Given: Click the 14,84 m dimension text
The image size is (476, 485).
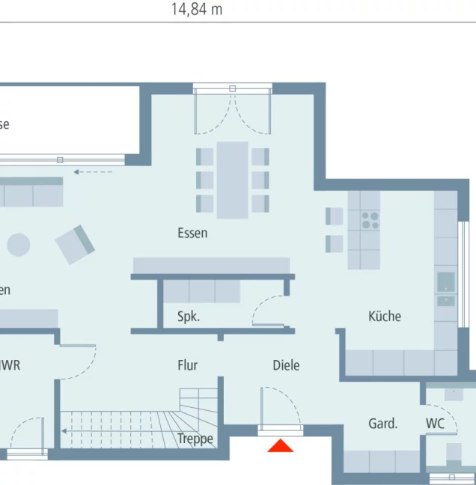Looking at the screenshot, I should tap(196, 10).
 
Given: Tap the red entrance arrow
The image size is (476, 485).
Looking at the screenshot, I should tap(281, 446).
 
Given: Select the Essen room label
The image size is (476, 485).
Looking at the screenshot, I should tap(192, 233).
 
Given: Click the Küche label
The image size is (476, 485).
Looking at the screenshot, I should tap(385, 316).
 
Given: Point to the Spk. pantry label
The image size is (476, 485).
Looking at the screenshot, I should tap(188, 317).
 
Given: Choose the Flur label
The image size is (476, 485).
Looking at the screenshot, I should tap(187, 365).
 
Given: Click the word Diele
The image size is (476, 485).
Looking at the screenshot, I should tap(286, 365).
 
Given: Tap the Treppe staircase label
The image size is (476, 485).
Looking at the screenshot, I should tap(195, 439).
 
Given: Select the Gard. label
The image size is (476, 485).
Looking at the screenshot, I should tap(382, 424).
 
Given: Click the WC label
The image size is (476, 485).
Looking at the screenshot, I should tap(436, 424).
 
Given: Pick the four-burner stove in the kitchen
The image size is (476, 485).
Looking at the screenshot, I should tap(370, 220).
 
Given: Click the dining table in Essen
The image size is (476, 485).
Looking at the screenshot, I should tap(232, 180).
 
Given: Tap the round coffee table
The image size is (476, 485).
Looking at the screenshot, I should tap(18, 245).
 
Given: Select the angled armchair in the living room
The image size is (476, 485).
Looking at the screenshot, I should tap(75, 243).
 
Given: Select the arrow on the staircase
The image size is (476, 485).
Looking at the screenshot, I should tap(65, 431).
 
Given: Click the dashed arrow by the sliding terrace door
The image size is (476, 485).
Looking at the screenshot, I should tap(93, 172).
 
